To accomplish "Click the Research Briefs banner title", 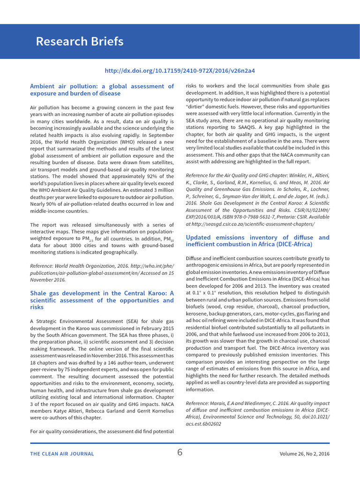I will pos(80,42).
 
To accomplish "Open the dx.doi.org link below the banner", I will pos(180,71).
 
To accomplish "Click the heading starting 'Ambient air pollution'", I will pos(102,90).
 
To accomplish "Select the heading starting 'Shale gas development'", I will pos(102,300).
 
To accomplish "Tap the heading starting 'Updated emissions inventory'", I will pos(257,241).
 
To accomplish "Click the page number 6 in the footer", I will pos(180,453).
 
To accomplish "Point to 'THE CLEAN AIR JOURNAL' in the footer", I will pos(62,454).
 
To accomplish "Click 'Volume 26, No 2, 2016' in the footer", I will pos(304,454).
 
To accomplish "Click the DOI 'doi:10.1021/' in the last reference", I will pos(314,417).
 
